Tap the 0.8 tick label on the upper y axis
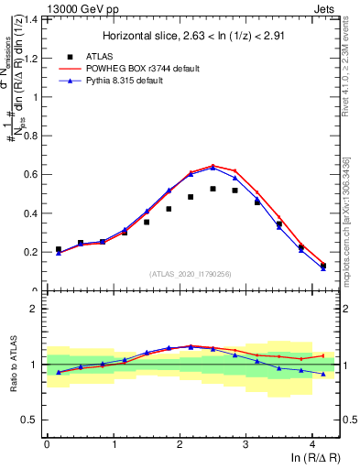coord(34,136)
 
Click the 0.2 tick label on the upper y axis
coord(34,252)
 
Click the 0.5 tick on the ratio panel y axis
coord(34,420)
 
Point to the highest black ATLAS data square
coord(213,189)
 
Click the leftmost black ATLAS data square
coord(59,249)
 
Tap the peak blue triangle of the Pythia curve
coord(213,168)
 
